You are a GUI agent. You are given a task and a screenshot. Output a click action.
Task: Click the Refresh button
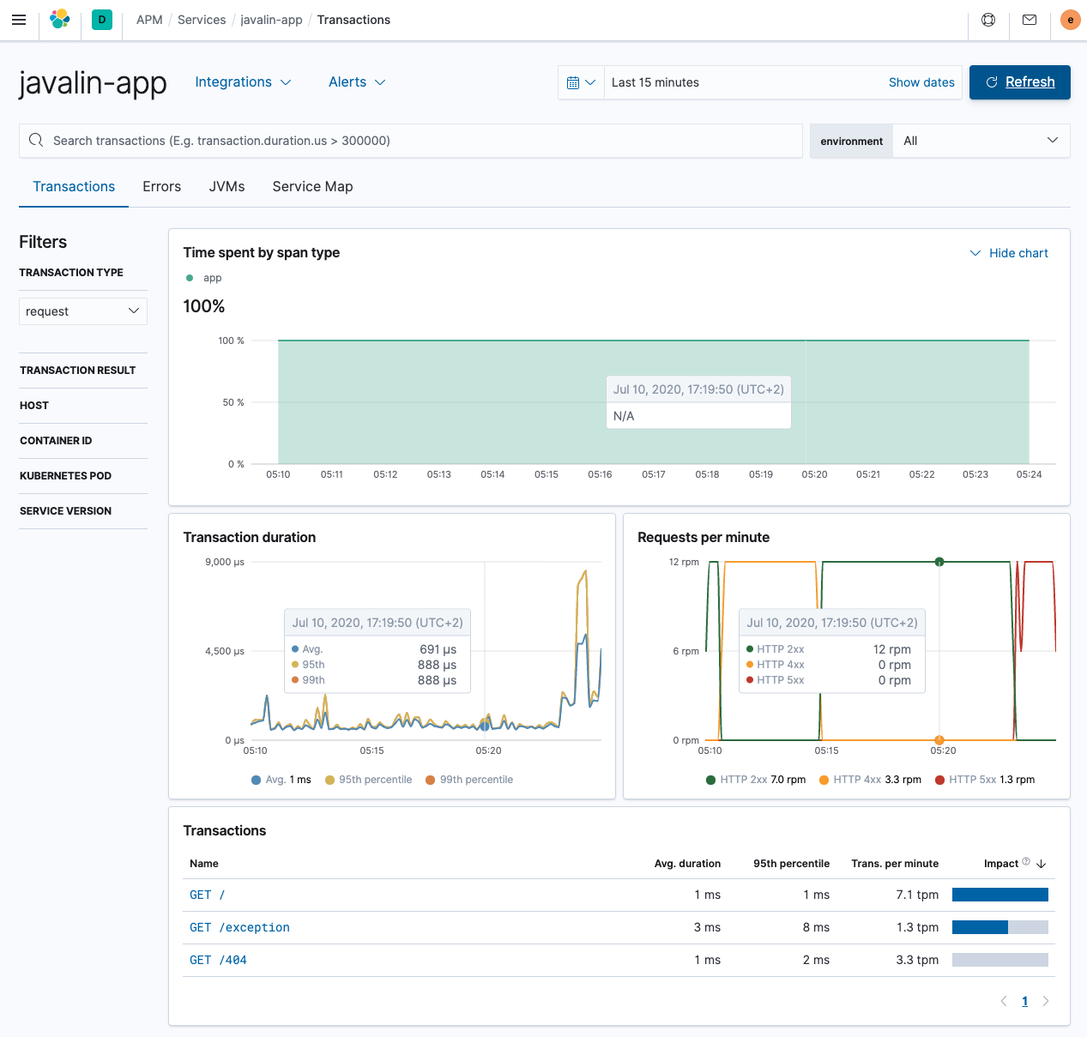point(1019,82)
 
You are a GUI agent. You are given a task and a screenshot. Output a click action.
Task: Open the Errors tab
point(161,186)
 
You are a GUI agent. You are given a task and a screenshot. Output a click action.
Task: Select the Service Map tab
point(312,186)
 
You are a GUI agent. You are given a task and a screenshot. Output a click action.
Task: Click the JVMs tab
point(226,186)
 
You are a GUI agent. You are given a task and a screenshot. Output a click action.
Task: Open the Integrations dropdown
point(243,82)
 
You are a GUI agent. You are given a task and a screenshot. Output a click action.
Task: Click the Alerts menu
point(357,82)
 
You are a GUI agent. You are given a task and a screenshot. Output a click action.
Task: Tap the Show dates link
point(921,82)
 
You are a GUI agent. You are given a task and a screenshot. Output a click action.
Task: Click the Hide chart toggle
point(1009,253)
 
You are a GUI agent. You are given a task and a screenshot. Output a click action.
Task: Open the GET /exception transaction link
point(239,927)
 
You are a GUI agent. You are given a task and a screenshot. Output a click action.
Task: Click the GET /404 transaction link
point(218,960)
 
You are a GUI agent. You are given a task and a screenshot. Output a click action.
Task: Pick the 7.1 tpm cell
point(917,895)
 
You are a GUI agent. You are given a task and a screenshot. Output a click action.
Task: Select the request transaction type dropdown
point(82,311)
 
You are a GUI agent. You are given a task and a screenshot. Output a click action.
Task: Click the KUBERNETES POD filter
point(66,476)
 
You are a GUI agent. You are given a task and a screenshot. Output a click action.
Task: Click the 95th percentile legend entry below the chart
point(368,780)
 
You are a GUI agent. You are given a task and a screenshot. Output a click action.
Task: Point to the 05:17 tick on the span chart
point(654,474)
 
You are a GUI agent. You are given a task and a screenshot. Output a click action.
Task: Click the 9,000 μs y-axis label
point(225,562)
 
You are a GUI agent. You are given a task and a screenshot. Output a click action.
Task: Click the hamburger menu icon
point(19,20)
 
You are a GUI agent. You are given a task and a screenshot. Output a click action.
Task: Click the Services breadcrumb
point(202,20)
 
